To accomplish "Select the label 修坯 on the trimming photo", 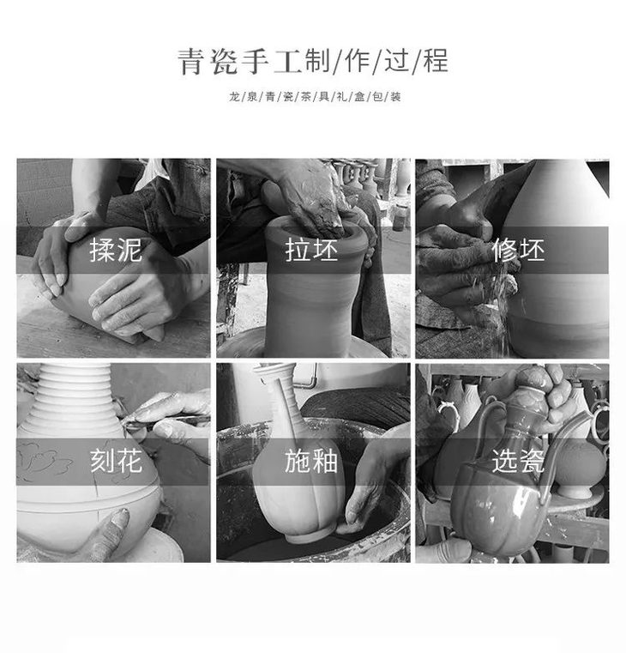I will [519, 251].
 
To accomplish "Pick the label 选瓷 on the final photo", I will [518, 462].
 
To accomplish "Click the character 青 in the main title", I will [190, 62].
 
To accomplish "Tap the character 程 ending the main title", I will [435, 62].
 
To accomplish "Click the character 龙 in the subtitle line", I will [232, 97].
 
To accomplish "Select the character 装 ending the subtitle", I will [395, 97].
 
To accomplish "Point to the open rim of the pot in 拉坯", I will [316, 225].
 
